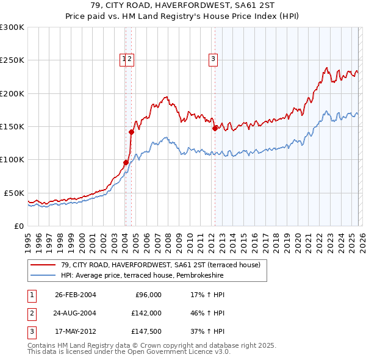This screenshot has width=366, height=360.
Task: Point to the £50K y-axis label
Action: click(14, 193)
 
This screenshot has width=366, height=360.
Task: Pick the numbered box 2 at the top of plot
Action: click(131, 59)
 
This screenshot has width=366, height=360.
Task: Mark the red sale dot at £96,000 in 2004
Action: click(126, 162)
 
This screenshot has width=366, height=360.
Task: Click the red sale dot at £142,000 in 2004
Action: click(131, 132)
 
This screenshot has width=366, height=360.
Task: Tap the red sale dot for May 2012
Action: click(215, 128)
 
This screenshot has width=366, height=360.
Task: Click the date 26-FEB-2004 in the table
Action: click(75, 295)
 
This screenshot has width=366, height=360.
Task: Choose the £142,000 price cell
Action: click(145, 313)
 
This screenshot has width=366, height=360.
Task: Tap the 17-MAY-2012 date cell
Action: click(75, 332)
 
